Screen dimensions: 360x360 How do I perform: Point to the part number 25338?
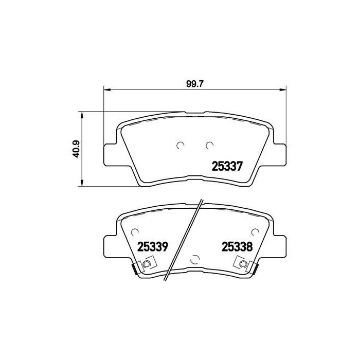(237, 246)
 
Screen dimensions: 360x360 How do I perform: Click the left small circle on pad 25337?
(180, 146)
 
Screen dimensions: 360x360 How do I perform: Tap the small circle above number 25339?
(135, 231)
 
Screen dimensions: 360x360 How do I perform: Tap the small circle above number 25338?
(254, 231)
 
